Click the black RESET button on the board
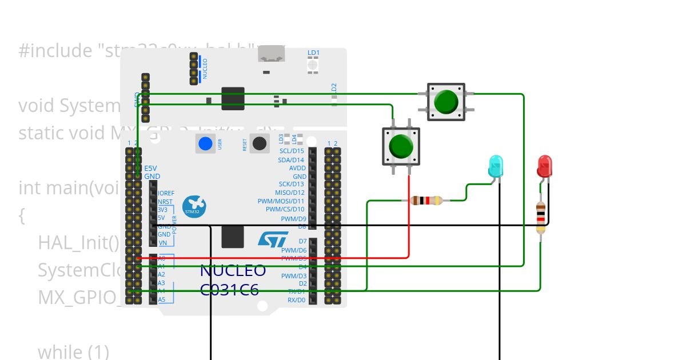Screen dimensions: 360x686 pyautogui.click(x=260, y=143)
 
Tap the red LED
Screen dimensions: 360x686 pyautogui.click(x=544, y=166)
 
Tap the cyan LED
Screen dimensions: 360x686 pyautogui.click(x=496, y=166)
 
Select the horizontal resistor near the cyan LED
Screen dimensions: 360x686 pyautogui.click(x=426, y=201)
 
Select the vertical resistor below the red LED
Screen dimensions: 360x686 pyautogui.click(x=541, y=217)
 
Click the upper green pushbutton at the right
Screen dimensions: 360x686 pyautogui.click(x=446, y=102)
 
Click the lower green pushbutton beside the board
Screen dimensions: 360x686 pyautogui.click(x=401, y=146)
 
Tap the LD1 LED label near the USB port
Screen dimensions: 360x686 pyautogui.click(x=313, y=53)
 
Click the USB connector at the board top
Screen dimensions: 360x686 pyautogui.click(x=272, y=54)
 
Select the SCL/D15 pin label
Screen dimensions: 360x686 pyautogui.click(x=292, y=151)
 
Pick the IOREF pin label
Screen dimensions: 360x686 pyautogui.click(x=166, y=193)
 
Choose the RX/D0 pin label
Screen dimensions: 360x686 pyautogui.click(x=296, y=300)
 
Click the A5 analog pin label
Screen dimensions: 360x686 pyautogui.click(x=162, y=299)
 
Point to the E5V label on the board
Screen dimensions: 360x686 pyautogui.click(x=150, y=169)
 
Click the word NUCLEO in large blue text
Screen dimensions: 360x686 pyautogui.click(x=233, y=271)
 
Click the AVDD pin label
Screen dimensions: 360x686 pyautogui.click(x=297, y=169)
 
